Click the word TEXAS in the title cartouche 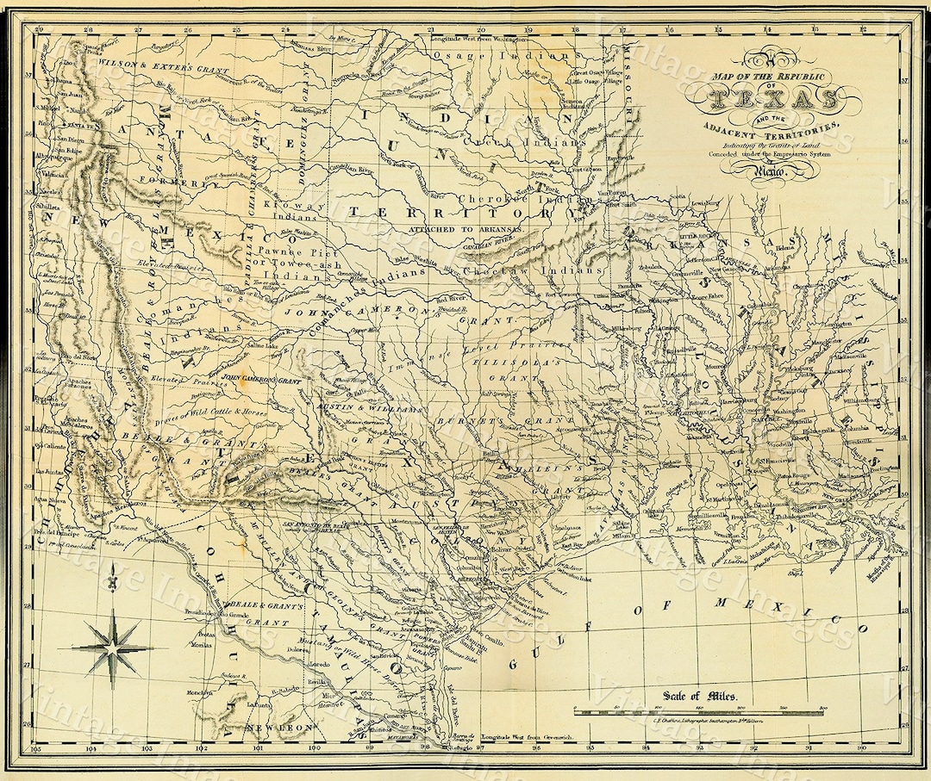point(773,101)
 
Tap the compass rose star point(112,648)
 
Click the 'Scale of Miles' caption point(695,697)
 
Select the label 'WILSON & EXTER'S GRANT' point(163,64)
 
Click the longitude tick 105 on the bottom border point(35,750)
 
